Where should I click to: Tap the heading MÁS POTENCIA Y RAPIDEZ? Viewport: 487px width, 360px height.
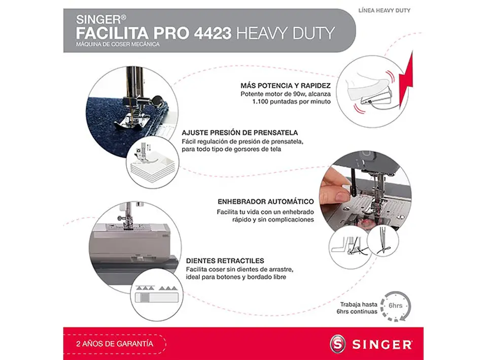pos(286,86)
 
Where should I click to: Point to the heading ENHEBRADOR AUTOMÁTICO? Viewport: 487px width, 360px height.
pos(265,201)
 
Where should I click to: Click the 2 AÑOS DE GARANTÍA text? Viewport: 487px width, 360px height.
pos(114,343)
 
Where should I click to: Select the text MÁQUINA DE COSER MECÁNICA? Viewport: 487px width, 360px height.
pos(118,45)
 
